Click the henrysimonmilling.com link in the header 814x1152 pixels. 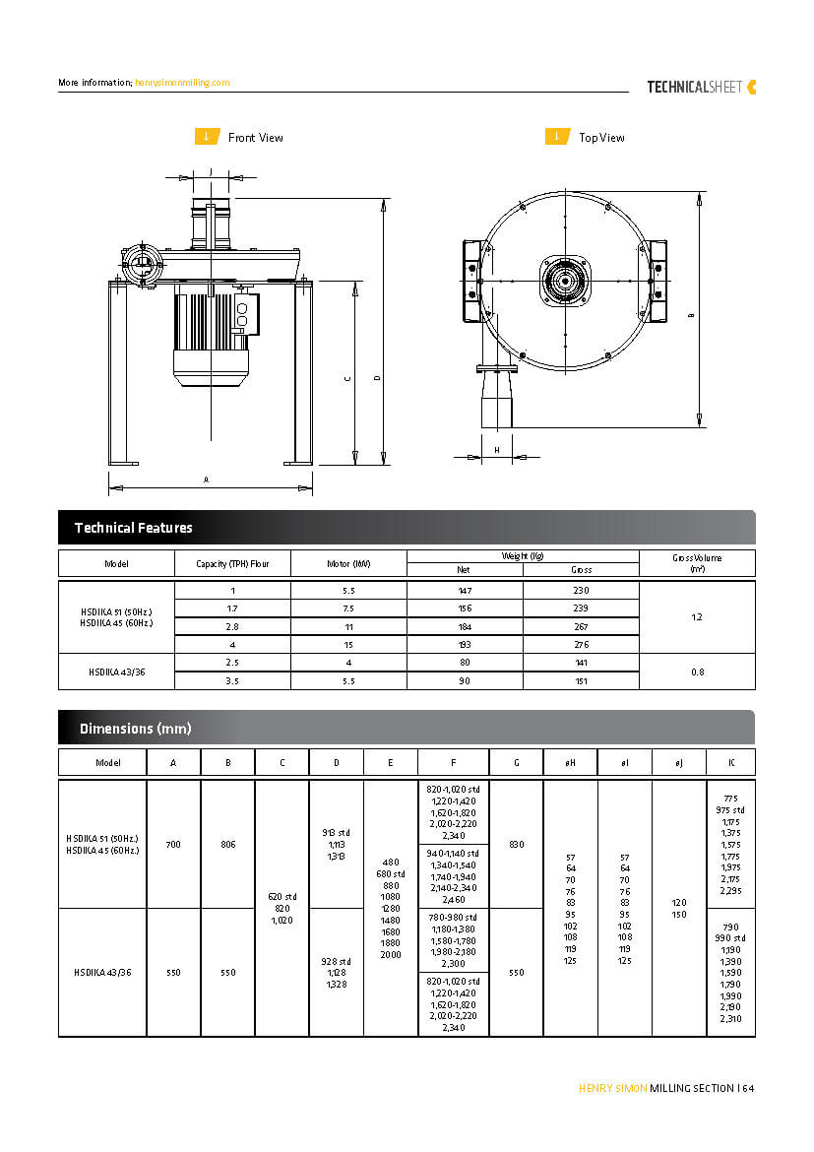click(182, 83)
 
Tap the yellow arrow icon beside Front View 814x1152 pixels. click(206, 137)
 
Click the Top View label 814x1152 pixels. click(601, 138)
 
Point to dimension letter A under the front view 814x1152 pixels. click(206, 480)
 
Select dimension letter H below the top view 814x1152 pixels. click(496, 450)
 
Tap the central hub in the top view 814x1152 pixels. click(565, 282)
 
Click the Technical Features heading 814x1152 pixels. click(134, 528)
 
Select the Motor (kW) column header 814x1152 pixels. click(348, 564)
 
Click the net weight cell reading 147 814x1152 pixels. click(465, 590)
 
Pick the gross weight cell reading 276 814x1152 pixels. click(581, 644)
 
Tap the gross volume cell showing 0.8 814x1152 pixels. click(697, 672)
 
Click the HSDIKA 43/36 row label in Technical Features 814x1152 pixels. click(116, 672)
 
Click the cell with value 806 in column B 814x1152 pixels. click(227, 844)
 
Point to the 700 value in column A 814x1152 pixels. click(173, 844)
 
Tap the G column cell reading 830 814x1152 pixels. click(516, 844)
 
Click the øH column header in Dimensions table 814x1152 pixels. click(570, 762)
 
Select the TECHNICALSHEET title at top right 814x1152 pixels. click(693, 87)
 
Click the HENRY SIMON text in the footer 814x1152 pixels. click(612, 1088)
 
